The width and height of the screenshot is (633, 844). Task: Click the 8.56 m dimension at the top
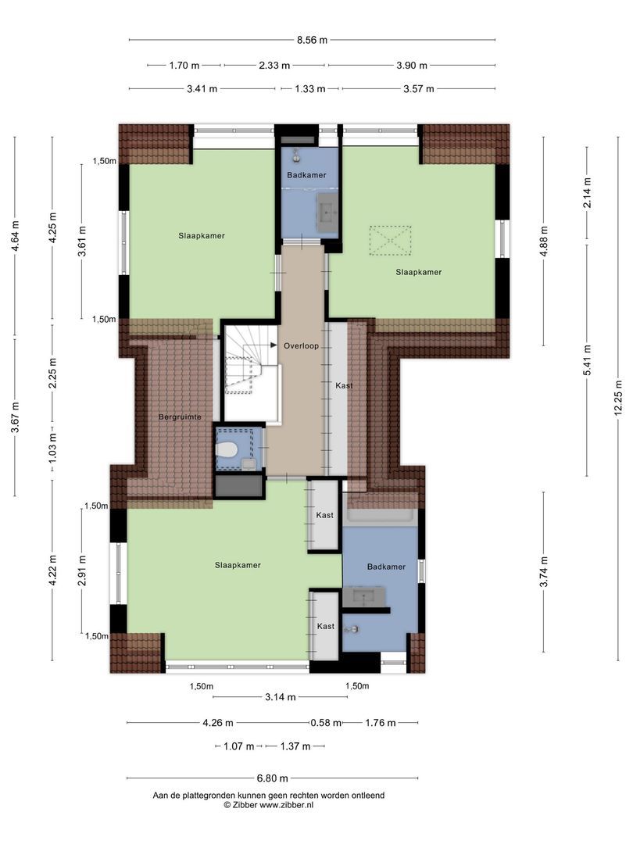click(x=312, y=40)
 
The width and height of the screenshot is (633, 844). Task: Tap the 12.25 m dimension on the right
click(x=618, y=397)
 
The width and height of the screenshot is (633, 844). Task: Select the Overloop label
click(x=302, y=346)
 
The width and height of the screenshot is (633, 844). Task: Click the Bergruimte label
click(x=180, y=417)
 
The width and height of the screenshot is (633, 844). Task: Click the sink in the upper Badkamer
click(x=327, y=213)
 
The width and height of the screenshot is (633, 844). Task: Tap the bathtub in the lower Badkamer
click(x=381, y=516)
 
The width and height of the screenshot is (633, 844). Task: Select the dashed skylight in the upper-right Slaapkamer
click(x=390, y=240)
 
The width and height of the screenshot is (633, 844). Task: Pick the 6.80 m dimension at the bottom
click(x=273, y=778)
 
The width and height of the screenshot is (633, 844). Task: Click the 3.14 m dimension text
click(x=281, y=697)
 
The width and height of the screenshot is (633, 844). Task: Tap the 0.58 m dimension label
click(x=326, y=723)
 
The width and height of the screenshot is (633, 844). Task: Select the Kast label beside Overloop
click(x=344, y=385)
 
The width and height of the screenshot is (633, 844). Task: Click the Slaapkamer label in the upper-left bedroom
click(x=202, y=236)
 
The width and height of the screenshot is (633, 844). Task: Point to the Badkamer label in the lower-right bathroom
click(x=387, y=567)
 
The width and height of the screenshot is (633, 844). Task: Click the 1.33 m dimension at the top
click(x=310, y=89)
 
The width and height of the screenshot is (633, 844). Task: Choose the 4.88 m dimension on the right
click(x=544, y=238)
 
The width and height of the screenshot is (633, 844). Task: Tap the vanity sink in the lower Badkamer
click(x=364, y=595)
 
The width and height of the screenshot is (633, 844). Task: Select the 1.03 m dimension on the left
click(x=52, y=444)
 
